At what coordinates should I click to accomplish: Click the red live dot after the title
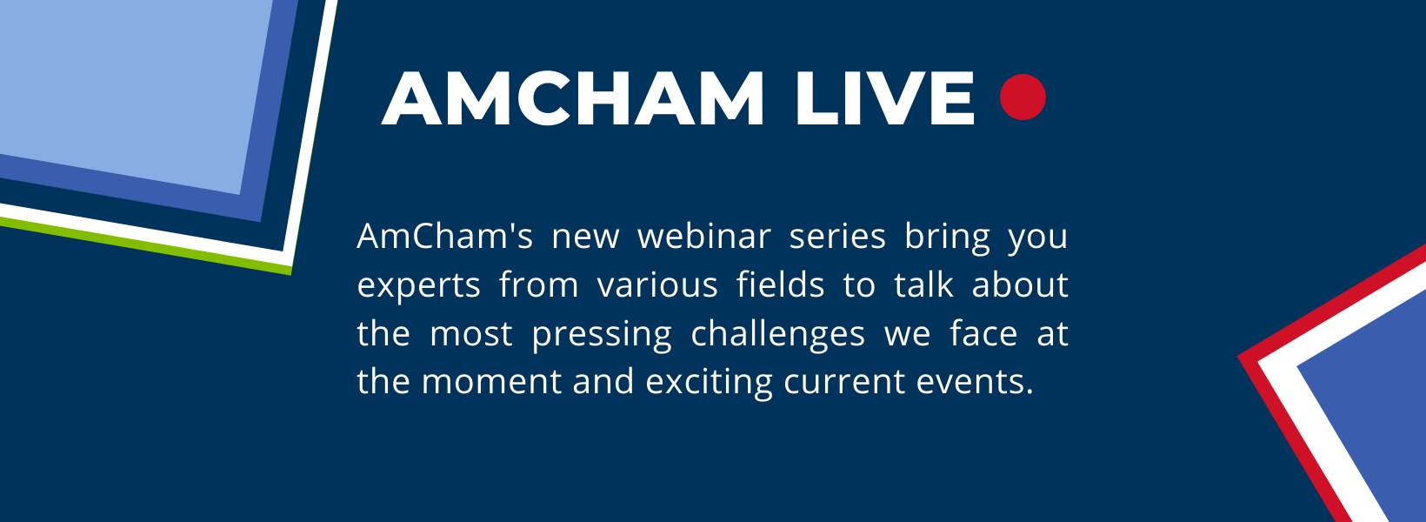pyautogui.click(x=1023, y=97)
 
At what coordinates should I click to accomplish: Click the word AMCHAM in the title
pyautogui.click(x=573, y=98)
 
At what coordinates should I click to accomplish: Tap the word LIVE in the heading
pyautogui.click(x=885, y=98)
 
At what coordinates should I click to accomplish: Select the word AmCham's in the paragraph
pyautogui.click(x=444, y=237)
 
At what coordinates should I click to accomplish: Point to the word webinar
pyautogui.click(x=703, y=237)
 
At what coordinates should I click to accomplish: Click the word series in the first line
pyautogui.click(x=836, y=237)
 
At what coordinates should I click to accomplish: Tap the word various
pyautogui.click(x=657, y=285)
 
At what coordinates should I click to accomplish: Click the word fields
pyautogui.click(x=780, y=285)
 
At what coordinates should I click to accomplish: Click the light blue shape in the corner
pyautogui.click(x=122, y=78)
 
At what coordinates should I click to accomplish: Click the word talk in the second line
pyautogui.click(x=923, y=285)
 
